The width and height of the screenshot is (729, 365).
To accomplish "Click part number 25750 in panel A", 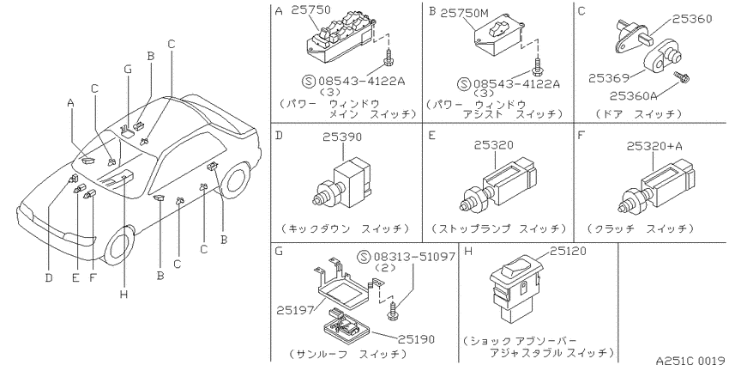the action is (310, 9).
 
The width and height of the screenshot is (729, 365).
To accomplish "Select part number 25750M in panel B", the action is (465, 13).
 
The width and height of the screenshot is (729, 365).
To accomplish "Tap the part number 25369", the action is (609, 78).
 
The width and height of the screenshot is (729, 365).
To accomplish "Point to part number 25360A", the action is (633, 96).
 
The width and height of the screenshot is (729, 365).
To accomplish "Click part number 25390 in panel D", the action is (342, 137).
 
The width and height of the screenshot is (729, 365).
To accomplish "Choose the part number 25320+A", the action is (654, 146).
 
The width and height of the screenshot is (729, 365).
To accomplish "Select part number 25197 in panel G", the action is (296, 309).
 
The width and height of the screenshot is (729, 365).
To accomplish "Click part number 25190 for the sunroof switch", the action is (416, 339).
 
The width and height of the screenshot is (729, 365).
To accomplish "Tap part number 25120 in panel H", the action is (568, 252).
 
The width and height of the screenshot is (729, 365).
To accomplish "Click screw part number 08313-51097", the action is (414, 257).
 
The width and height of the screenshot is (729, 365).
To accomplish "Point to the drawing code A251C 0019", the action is (691, 360).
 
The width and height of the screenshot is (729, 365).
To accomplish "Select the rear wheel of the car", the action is (235, 180).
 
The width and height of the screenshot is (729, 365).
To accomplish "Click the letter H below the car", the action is (124, 295).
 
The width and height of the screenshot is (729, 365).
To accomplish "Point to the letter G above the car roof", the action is (128, 70).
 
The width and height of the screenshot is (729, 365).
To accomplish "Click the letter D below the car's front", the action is (49, 278).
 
